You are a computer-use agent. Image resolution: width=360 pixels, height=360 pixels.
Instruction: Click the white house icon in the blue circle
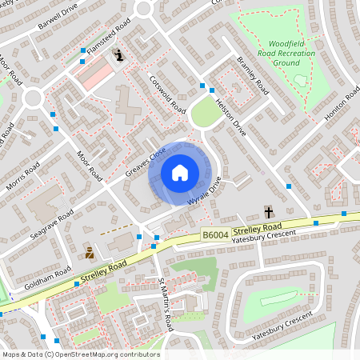pyautogui.click(x=179, y=172)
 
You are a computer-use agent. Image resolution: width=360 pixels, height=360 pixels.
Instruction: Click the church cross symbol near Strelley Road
pyautogui.click(x=269, y=212)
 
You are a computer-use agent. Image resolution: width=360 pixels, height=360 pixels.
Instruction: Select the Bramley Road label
pyautogui.click(x=253, y=75)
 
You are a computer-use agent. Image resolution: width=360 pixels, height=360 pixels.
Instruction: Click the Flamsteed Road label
pyautogui.click(x=109, y=38)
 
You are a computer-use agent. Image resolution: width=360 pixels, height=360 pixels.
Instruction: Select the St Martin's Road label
pyautogui.click(x=165, y=304)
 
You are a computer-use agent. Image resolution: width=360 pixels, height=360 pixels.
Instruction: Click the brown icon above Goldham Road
pyautogui.click(x=90, y=253)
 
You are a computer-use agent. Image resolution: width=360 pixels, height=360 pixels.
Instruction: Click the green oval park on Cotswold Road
pyautogui.click(x=206, y=114)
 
